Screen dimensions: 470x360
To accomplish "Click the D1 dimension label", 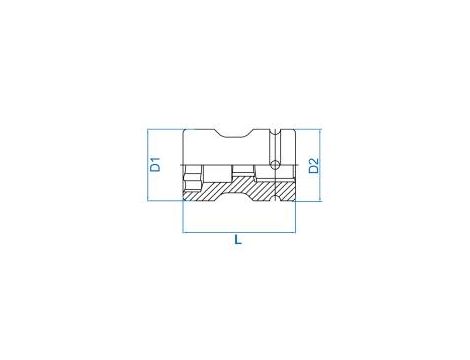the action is coord(155,164).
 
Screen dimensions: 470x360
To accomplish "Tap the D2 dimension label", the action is coord(314,166).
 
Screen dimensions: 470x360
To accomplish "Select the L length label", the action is coord(238,240).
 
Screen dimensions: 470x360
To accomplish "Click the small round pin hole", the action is coord(275,164).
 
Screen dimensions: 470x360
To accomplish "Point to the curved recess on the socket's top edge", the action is coord(233,133).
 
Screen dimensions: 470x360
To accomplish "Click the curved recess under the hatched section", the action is coord(233,197).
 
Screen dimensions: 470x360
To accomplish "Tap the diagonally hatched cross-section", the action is coord(240,189).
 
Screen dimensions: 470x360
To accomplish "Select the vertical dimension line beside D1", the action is coord(148,165).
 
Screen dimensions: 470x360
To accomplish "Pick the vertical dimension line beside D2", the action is coord(320,165).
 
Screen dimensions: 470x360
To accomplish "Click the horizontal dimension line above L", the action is coord(239,232).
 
